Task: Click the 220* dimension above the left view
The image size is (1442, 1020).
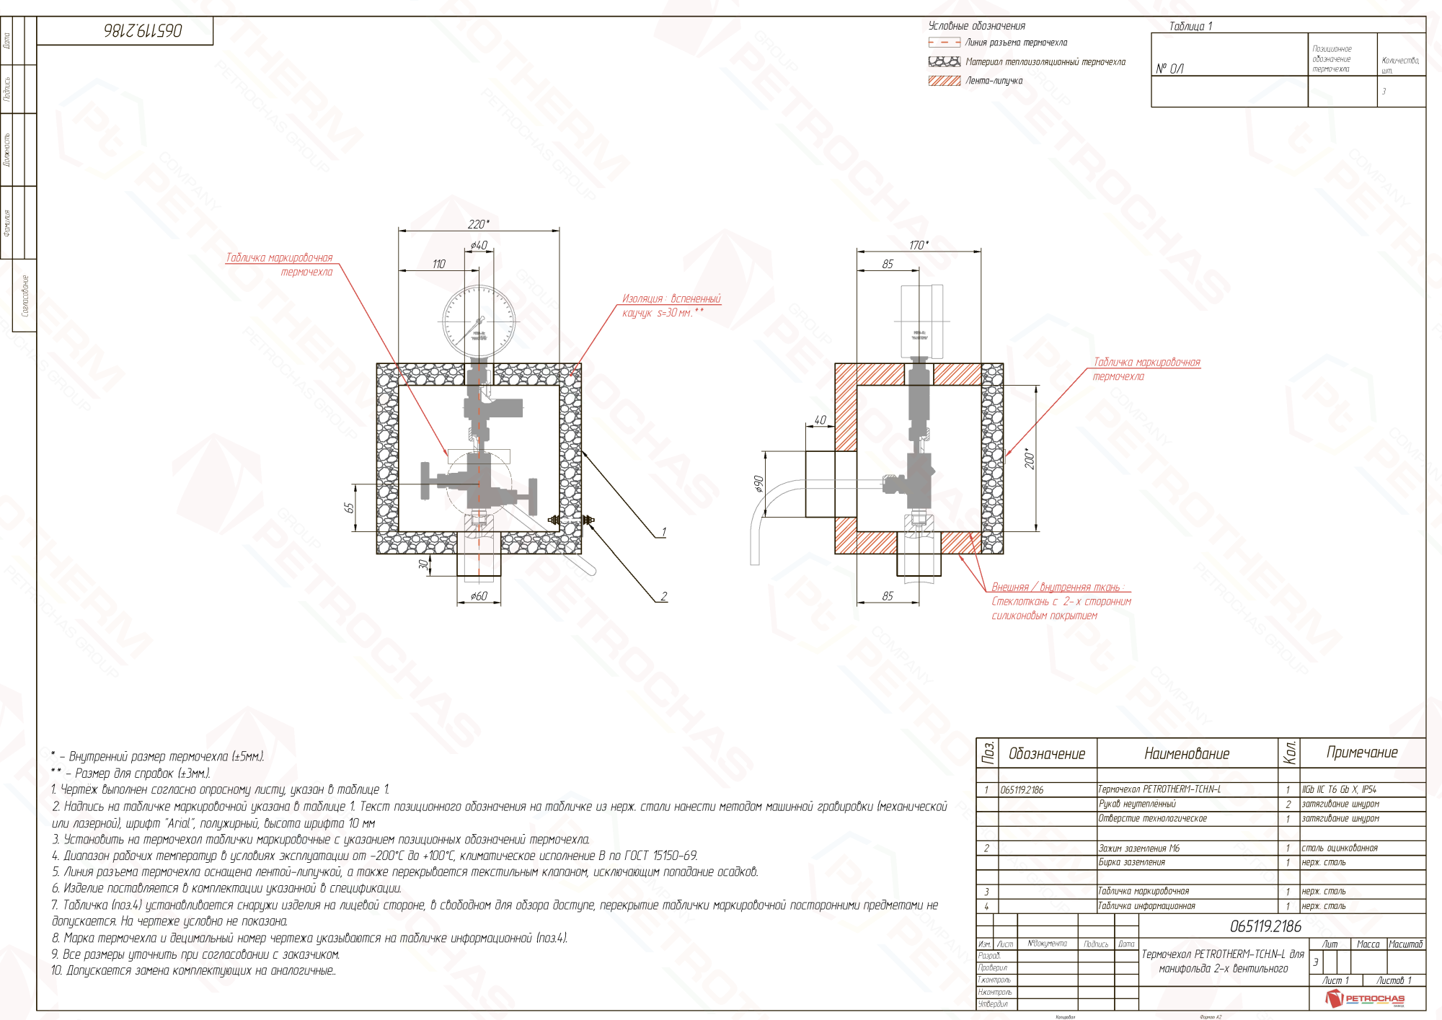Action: pos(478,224)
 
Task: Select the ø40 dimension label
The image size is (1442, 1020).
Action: pos(479,246)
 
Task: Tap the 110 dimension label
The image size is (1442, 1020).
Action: pos(439,265)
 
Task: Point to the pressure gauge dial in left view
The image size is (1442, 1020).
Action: pos(479,321)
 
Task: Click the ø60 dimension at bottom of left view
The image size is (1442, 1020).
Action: pos(479,596)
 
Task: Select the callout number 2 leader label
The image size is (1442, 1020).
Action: pos(663,596)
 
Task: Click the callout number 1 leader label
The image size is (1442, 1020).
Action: pos(663,532)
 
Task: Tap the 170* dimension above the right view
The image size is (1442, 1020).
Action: pos(919,245)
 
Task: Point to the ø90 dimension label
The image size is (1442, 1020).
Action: pos(758,484)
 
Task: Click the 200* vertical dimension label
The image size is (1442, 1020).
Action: pos(1030,458)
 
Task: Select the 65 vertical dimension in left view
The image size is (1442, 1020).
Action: pos(350,507)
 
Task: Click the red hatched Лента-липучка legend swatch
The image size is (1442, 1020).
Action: pos(944,81)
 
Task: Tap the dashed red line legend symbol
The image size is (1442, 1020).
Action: pos(944,43)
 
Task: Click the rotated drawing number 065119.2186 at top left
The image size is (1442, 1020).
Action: pos(143,30)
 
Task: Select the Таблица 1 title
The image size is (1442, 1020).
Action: pos(1190,26)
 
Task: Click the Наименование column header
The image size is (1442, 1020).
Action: pos(1187,753)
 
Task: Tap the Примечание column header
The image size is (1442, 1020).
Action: pos(1362,753)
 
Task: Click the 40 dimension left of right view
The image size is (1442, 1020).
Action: pos(820,420)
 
